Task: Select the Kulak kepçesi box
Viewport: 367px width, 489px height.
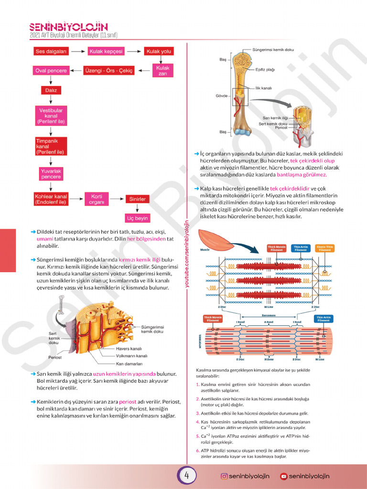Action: pyautogui.click(x=106, y=51)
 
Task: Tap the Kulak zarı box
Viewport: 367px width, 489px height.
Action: pyautogui.click(x=162, y=71)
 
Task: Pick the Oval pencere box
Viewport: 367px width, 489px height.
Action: pyautogui.click(x=51, y=71)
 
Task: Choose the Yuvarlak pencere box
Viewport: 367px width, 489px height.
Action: pyautogui.click(x=51, y=174)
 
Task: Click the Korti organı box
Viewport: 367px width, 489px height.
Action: pyautogui.click(x=94, y=199)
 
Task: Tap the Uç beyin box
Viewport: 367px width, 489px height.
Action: pyautogui.click(x=138, y=218)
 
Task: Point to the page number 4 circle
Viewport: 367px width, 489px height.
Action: pyautogui.click(x=187, y=476)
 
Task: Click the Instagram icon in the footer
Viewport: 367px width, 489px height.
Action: pyautogui.click(x=224, y=476)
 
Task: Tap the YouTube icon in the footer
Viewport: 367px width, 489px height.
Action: pyautogui.click(x=284, y=476)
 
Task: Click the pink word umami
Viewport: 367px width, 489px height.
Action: pyautogui.click(x=45, y=239)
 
